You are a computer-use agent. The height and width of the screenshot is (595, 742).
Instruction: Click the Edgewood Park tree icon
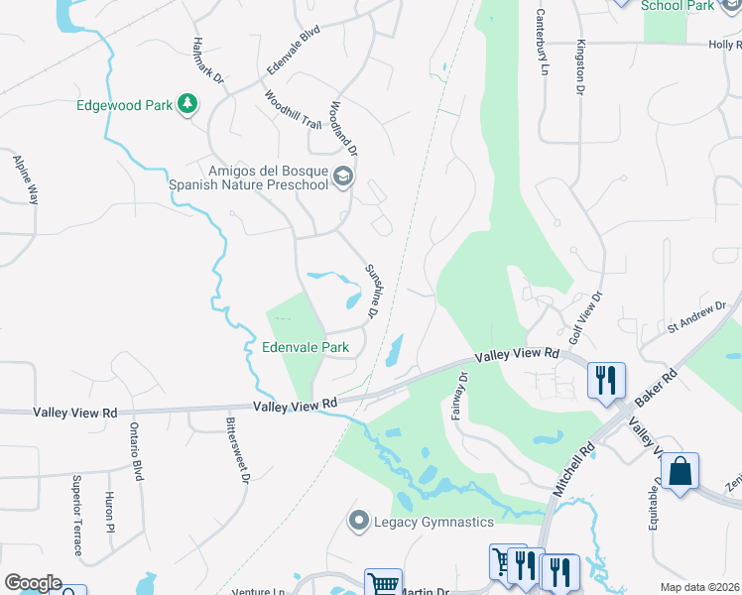point(186,103)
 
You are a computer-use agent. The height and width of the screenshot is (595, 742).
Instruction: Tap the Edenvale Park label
point(306,348)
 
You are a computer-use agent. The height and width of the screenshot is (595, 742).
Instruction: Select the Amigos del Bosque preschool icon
point(343,177)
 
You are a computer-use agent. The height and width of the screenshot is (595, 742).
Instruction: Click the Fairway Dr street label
point(458,396)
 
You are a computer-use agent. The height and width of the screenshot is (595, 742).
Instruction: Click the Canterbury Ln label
point(542,43)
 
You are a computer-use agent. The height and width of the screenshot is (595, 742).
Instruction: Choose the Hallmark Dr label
point(210,59)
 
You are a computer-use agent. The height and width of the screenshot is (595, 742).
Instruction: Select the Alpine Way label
point(25,178)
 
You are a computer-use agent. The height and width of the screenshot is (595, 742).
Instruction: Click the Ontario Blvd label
point(135,452)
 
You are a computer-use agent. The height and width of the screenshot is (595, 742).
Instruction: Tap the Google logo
point(33,583)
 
